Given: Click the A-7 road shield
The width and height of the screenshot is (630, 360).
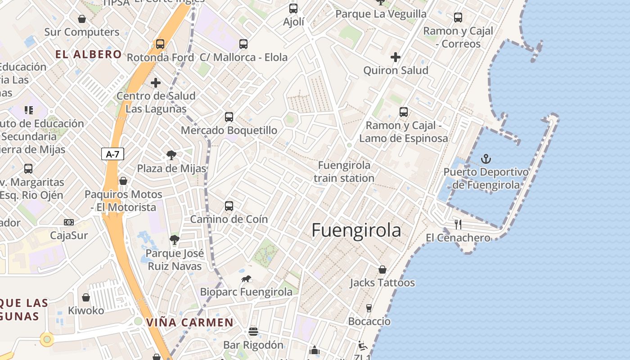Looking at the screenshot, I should (112, 154).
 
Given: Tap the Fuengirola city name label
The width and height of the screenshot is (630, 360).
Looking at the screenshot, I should (356, 230).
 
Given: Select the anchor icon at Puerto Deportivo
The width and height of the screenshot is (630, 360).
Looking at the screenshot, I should (486, 158).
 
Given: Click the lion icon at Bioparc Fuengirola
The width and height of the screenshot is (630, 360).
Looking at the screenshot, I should (246, 279).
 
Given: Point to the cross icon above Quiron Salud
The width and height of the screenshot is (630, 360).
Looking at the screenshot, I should (396, 57).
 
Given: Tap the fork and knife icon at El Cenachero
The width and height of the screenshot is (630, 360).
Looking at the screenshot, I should (458, 224).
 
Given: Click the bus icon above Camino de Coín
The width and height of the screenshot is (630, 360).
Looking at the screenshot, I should (229, 206).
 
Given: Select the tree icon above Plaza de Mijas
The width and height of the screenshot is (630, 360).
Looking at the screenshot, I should (171, 155).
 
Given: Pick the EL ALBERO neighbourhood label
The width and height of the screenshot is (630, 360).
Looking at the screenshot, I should (89, 54).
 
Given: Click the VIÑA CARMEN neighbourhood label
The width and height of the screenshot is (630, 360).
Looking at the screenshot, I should (190, 322).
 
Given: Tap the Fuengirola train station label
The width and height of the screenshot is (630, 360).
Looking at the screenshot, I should (344, 171).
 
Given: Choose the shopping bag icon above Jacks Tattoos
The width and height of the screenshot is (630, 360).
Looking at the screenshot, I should (382, 270).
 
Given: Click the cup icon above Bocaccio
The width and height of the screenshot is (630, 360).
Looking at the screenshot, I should (369, 308).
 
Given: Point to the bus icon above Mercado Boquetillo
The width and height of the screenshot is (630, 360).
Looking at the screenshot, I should (229, 117).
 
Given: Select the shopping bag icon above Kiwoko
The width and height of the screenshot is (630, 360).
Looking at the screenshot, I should (85, 297).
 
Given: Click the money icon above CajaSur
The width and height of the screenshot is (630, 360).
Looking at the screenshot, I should (69, 222).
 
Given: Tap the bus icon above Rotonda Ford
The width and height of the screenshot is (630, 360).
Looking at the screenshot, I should (160, 44).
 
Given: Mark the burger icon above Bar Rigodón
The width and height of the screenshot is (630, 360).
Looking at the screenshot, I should (253, 332).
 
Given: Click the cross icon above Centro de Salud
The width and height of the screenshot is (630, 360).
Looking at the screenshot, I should (156, 83).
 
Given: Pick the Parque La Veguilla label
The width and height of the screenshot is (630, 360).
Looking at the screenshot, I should (381, 14).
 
